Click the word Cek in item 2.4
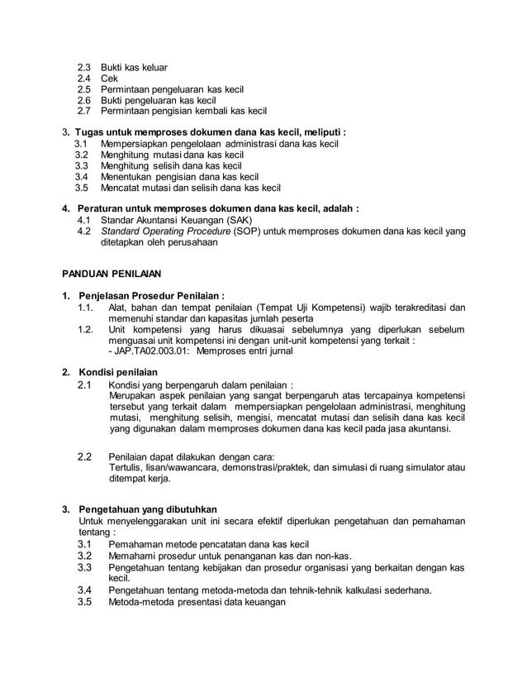pos(110,79)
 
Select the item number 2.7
pos(85,111)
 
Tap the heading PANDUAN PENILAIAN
pos(112,272)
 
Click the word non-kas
pos(334,556)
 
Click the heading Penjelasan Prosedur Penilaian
pos(151,295)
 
